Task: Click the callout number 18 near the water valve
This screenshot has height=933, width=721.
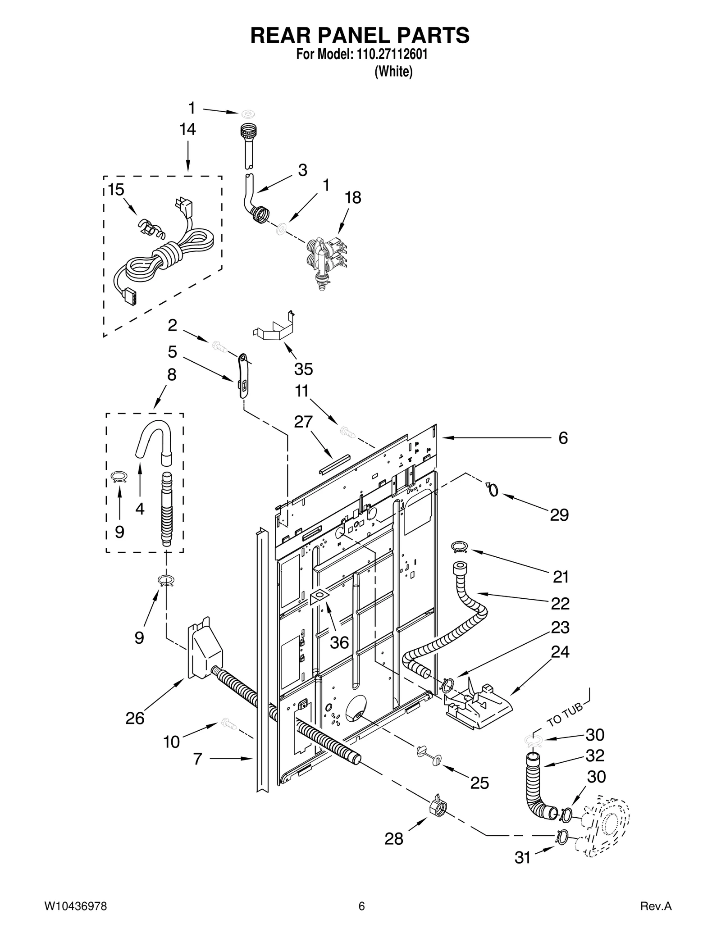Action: click(353, 198)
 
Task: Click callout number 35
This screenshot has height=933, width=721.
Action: click(303, 369)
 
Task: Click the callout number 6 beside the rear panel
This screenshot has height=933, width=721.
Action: click(563, 438)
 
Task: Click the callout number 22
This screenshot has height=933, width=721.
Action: click(560, 603)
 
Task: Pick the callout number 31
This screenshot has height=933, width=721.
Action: click(522, 858)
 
